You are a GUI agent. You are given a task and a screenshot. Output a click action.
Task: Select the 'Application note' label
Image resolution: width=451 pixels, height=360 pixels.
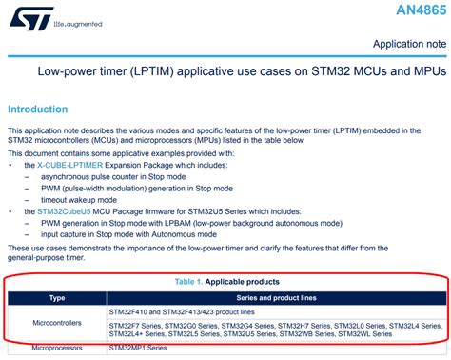[x=408, y=44]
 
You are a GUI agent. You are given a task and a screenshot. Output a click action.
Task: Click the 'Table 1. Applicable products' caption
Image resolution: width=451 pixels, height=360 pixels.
[x=225, y=282]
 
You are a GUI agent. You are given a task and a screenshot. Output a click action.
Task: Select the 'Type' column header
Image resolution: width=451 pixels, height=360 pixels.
[x=57, y=298]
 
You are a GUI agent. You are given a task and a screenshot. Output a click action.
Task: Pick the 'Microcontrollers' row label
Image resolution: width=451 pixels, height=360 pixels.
[x=57, y=324]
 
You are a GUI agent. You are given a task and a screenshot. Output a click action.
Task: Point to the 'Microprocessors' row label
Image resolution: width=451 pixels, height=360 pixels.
[x=57, y=349]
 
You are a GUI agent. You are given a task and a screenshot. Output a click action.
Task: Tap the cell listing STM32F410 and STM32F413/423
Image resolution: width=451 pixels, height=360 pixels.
[x=188, y=311]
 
